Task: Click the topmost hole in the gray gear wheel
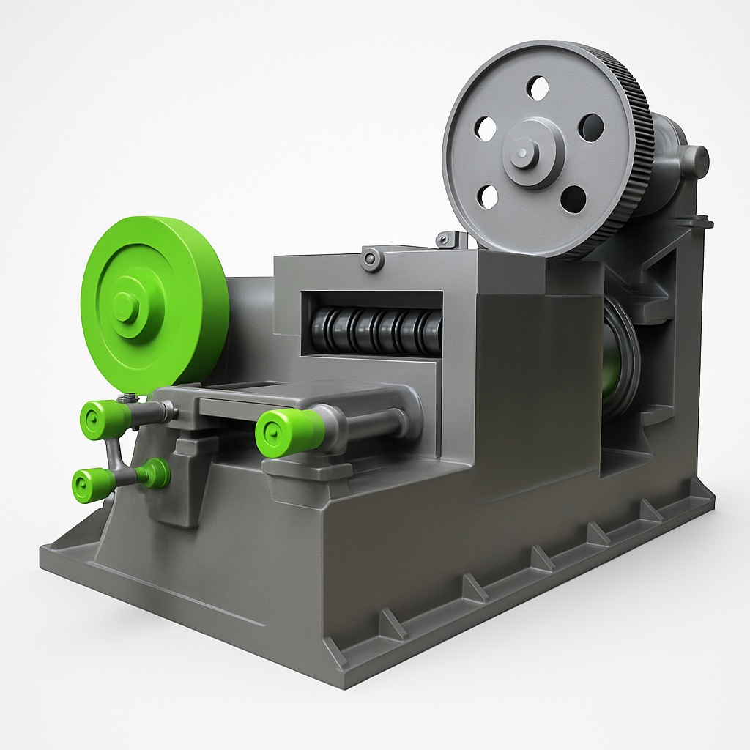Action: (x=538, y=89)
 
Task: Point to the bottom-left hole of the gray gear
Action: (x=489, y=196)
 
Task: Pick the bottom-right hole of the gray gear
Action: (x=573, y=198)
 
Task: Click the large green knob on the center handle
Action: (x=289, y=432)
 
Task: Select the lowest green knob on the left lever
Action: (x=92, y=485)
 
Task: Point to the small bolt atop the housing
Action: (x=372, y=259)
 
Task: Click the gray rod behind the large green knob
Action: (x=377, y=423)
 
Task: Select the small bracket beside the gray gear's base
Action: (x=452, y=239)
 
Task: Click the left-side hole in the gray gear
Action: (x=486, y=129)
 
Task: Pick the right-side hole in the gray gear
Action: (x=590, y=127)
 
